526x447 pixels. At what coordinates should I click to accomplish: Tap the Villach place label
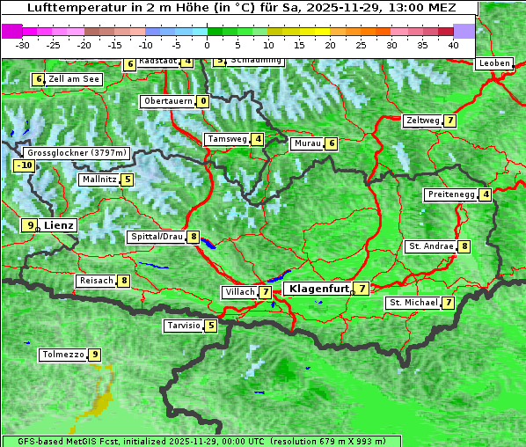[x=238, y=292]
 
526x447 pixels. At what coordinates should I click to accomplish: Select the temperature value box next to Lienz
[x=31, y=225]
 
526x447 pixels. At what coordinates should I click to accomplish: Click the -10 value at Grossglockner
[x=24, y=165]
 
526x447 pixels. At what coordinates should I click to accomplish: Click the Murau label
[x=306, y=143]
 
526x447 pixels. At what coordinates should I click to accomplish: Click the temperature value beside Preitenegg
[x=486, y=194]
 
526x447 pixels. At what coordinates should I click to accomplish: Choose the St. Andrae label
[x=430, y=246]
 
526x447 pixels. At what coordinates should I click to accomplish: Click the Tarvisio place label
[x=183, y=326]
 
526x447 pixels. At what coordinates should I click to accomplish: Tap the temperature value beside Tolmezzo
[x=95, y=355]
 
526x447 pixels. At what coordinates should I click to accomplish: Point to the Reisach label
[x=96, y=281]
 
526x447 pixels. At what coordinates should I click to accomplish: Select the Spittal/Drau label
[x=156, y=237]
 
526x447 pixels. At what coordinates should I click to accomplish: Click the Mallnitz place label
[x=98, y=180]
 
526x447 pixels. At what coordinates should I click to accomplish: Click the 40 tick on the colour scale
[x=453, y=44]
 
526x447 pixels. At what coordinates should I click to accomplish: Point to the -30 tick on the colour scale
[x=23, y=44]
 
